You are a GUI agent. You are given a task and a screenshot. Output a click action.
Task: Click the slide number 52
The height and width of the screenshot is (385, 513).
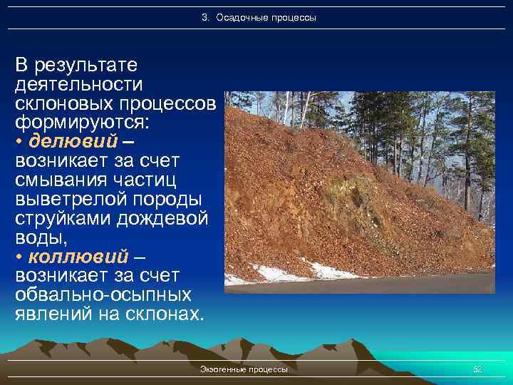coord(477,369)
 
